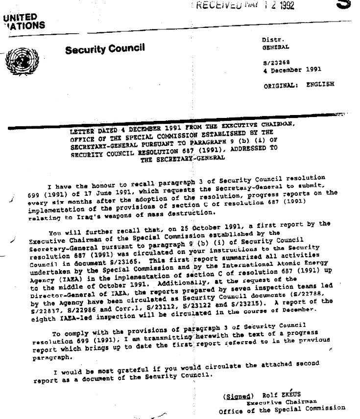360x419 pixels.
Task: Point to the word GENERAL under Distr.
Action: pos(275,47)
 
